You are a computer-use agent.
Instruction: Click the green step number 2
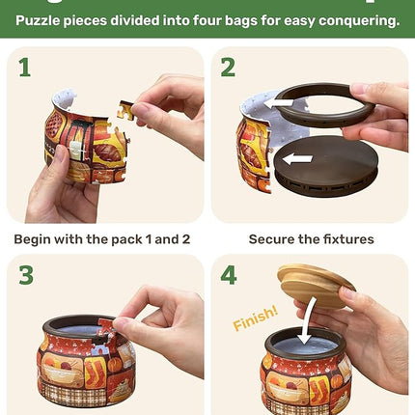[x=229, y=68]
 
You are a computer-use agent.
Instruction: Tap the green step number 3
[x=27, y=275]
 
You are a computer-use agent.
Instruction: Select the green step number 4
[x=229, y=275]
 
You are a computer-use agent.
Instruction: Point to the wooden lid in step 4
[x=315, y=285]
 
